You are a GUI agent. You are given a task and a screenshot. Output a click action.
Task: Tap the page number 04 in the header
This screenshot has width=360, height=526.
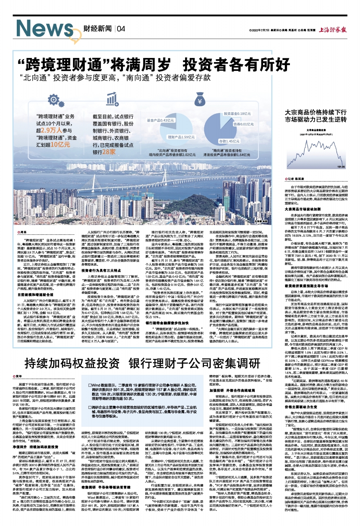[x=121, y=29]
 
